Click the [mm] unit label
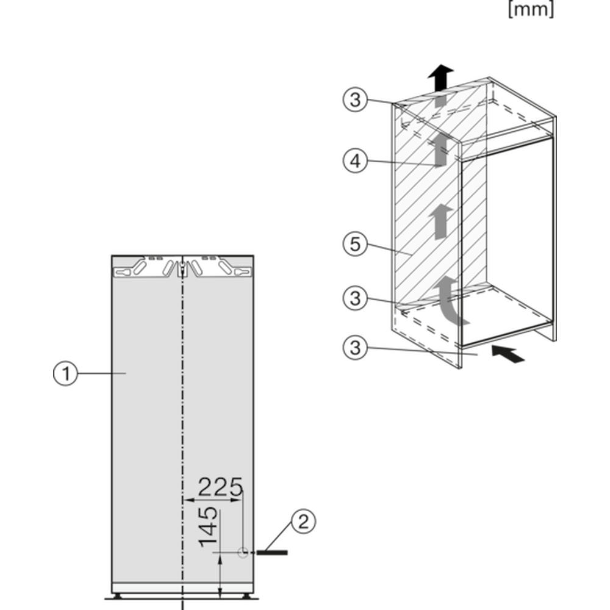pyautogui.click(x=531, y=10)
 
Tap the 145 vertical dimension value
pyautogui.click(x=207, y=526)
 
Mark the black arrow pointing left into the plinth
pyautogui.click(x=508, y=353)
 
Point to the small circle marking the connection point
pyautogui.click(x=243, y=552)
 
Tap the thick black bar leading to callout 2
pyautogui.click(x=271, y=552)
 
